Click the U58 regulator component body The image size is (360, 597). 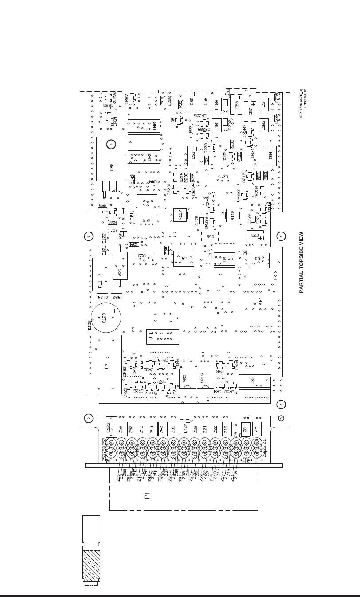click(x=111, y=166)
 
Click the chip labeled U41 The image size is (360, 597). click(x=162, y=337)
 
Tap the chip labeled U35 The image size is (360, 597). click(x=254, y=382)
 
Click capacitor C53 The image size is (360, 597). click(x=194, y=156)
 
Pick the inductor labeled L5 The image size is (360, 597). click(x=263, y=105)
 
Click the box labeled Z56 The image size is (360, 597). click(x=121, y=429)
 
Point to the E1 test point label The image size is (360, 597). click(x=261, y=300)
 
